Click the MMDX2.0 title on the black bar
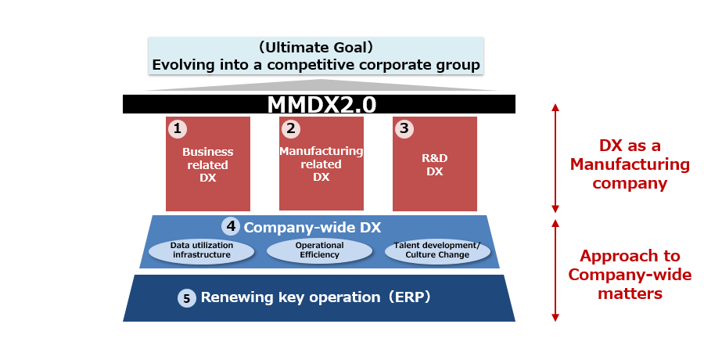[321, 104]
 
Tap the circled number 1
[178, 129]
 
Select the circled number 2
[291, 129]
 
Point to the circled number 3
[404, 129]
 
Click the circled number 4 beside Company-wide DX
[231, 226]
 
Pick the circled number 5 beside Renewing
[187, 298]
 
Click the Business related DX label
[208, 165]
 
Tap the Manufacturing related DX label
[321, 164]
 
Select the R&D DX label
[435, 165]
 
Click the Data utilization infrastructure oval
[202, 250]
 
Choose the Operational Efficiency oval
[320, 250]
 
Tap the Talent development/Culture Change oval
[437, 250]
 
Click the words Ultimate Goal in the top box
[316, 47]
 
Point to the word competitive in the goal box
[311, 65]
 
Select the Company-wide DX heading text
[312, 228]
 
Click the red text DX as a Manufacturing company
[630, 164]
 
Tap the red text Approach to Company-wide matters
[630, 274]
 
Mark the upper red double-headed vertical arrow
[555, 158]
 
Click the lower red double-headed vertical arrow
[555, 271]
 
